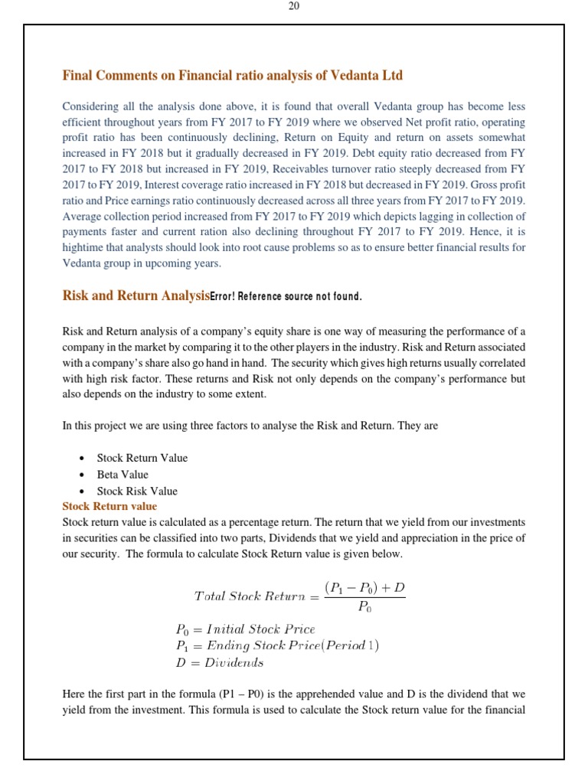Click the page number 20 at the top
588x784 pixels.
coord(294,6)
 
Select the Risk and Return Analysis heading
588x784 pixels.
coord(135,296)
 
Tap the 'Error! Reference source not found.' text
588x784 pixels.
coord(285,297)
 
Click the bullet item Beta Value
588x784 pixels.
coord(122,475)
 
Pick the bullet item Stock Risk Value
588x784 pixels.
coord(136,492)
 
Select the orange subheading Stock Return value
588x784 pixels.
coord(109,506)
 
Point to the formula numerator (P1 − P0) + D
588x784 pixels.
coord(364,587)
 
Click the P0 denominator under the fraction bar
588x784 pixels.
coord(365,609)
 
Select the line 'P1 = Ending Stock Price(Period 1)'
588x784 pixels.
coord(276,645)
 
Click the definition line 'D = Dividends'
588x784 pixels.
coord(219,662)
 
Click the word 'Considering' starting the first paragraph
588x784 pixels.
coord(89,106)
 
